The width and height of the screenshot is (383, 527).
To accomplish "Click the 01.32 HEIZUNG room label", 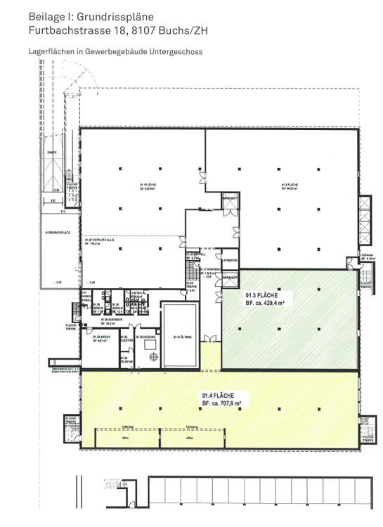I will pyautogui.click(x=145, y=337).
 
